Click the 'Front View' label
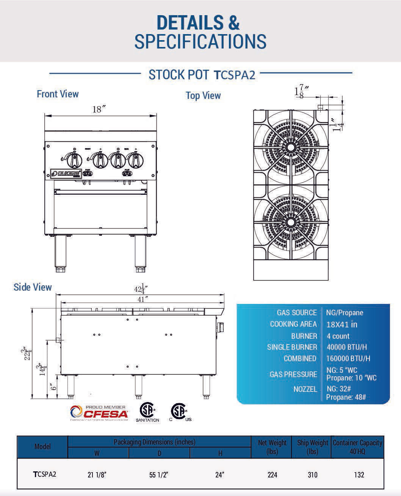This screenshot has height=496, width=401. coord(58,94)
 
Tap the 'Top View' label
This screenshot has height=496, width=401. coord(203,95)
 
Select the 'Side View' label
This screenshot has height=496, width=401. coord(33,287)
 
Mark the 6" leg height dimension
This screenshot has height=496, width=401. coord(53,386)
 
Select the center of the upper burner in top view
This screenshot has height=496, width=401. coord(291,147)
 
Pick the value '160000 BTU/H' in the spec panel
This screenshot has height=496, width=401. coord(348,358)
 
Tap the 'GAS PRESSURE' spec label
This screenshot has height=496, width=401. coord(293,374)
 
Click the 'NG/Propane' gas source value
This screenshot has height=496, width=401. coord(345,313)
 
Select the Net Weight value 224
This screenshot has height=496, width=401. coord(272,475)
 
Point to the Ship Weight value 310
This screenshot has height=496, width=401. coord(312,475)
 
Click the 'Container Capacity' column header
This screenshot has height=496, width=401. coord(357,447)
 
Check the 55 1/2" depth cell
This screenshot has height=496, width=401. coord(159,475)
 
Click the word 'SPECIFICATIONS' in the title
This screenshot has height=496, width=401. coord(200,41)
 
